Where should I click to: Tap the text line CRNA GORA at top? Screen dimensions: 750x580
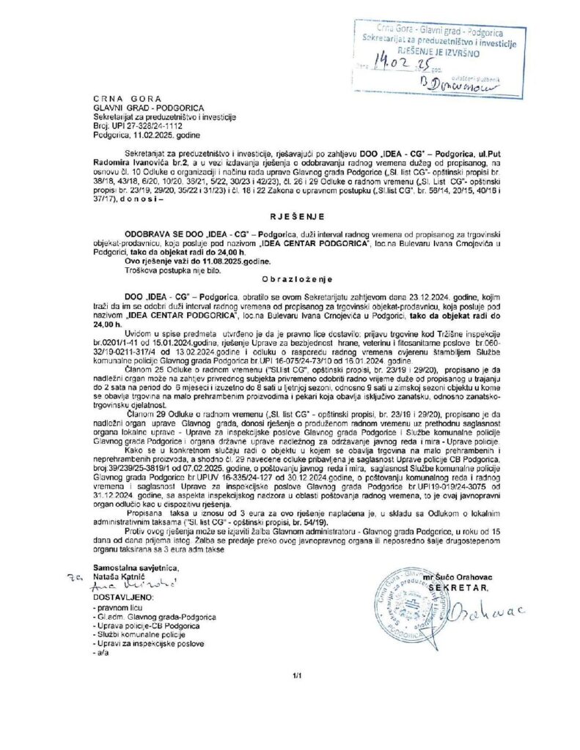[121, 97]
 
